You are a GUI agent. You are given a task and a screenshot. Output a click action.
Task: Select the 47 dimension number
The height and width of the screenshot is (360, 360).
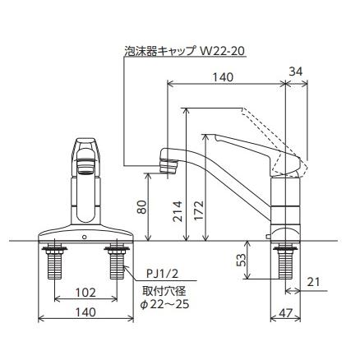point(284,313)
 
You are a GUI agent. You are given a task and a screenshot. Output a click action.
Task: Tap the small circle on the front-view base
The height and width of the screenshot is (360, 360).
point(85,237)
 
